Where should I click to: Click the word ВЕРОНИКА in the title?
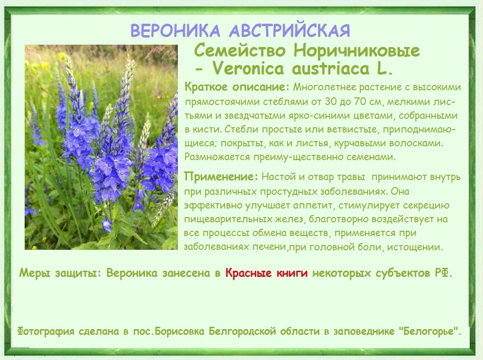tap(175, 30)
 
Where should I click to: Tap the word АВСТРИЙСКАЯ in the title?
tap(290, 30)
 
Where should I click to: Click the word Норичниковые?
tap(357, 51)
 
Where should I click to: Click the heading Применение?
tap(221, 177)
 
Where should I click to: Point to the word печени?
tap(270, 247)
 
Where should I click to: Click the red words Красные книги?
tap(267, 273)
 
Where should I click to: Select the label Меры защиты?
tap(60, 273)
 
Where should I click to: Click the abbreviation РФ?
tap(444, 273)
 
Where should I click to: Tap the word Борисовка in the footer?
tap(179, 332)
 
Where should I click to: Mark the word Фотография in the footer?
tap(46, 332)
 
